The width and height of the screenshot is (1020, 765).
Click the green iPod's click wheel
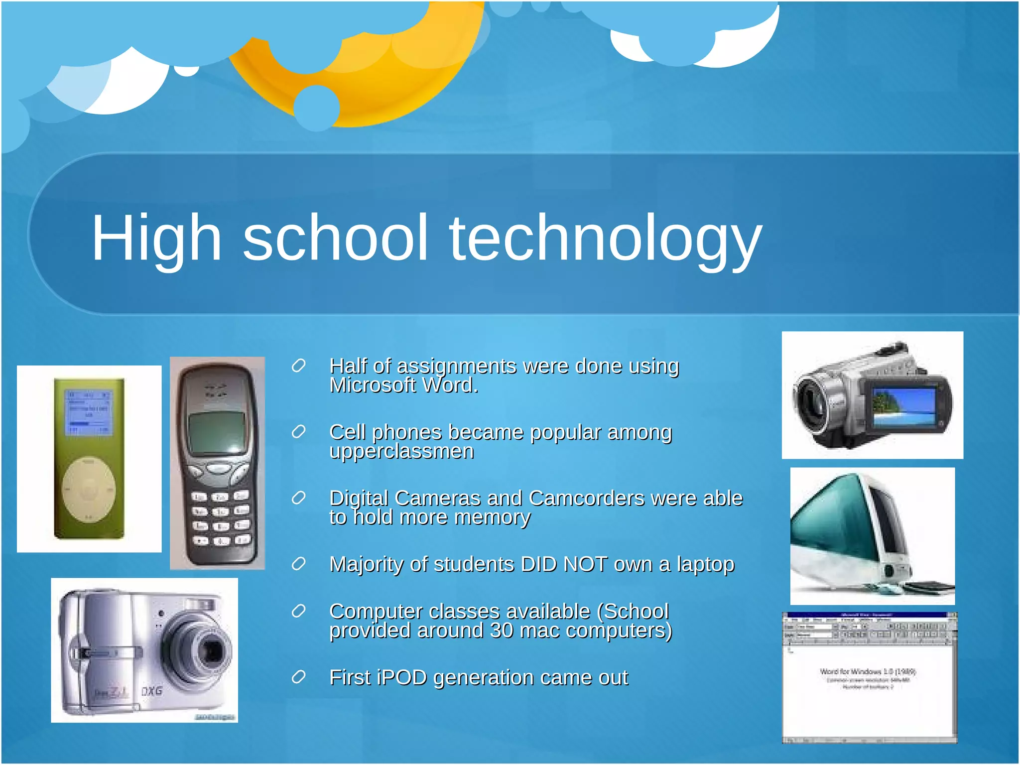(89, 490)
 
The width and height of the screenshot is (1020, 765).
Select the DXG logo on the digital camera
(151, 691)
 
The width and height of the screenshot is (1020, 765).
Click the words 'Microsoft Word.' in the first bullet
(403, 385)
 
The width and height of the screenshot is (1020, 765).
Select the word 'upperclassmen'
(401, 452)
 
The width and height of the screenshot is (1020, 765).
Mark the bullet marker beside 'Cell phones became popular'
(298, 432)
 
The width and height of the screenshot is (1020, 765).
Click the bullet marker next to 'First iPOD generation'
(298, 677)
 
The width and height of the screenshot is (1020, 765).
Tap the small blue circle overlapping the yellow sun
(317, 108)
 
